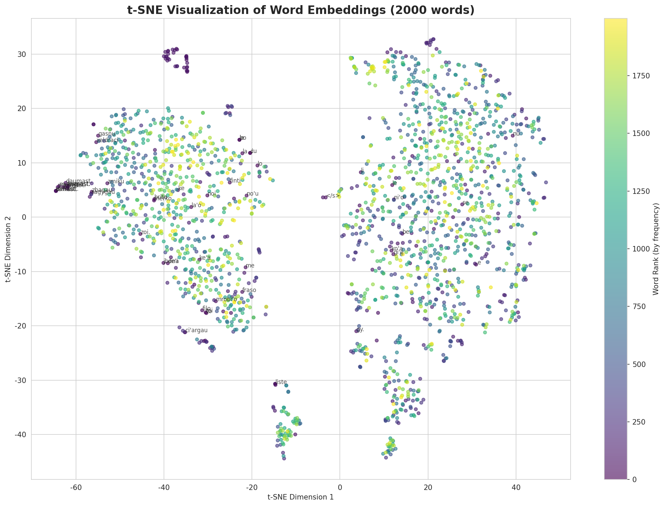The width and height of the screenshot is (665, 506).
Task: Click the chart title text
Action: click(x=301, y=10)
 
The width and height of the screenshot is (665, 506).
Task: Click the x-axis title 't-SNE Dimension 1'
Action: click(x=301, y=497)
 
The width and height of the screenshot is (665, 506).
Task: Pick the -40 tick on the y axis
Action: click(x=20, y=434)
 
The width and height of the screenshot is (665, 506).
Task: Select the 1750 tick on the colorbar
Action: click(x=641, y=75)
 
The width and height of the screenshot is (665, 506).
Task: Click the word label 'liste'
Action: click(x=281, y=382)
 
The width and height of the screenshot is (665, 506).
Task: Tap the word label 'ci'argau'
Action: click(x=196, y=330)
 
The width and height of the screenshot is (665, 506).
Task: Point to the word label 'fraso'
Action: click(x=249, y=290)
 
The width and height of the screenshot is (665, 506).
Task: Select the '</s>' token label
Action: click(x=333, y=196)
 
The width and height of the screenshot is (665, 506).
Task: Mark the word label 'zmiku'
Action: click(x=116, y=182)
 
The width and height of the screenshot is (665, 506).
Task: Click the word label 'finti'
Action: click(x=236, y=181)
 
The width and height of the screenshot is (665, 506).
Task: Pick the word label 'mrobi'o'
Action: click(x=227, y=299)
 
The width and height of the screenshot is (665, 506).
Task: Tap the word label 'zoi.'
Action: click(x=146, y=232)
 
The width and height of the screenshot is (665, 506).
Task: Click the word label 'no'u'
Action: click(x=253, y=194)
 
